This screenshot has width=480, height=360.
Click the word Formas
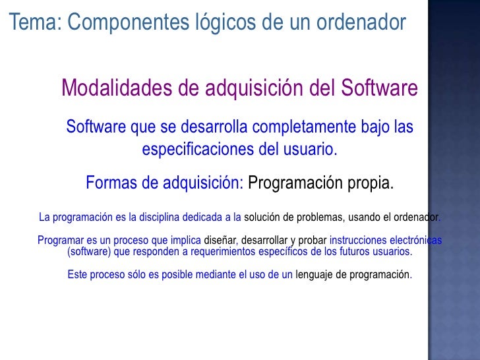(x=113, y=183)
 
